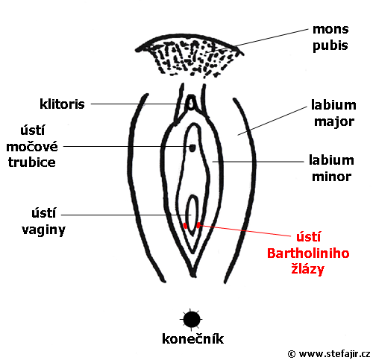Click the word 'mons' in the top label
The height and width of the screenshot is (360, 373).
click(330, 30)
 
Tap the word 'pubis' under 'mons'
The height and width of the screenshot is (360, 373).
click(330, 45)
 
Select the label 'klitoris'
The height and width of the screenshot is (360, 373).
click(62, 104)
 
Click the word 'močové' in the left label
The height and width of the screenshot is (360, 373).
click(32, 147)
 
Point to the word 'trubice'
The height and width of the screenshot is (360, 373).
click(32, 162)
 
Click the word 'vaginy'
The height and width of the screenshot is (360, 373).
click(44, 230)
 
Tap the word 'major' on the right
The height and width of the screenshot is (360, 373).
click(334, 121)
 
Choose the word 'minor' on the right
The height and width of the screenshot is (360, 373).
click(332, 177)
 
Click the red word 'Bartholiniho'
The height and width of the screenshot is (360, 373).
click(308, 253)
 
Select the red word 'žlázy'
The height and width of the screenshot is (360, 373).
click(308, 269)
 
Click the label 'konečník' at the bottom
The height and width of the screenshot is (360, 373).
click(192, 339)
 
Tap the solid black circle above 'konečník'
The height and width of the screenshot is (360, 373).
click(192, 320)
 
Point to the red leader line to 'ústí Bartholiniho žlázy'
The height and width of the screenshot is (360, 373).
click(245, 230)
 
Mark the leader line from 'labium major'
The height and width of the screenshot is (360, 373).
click(272, 121)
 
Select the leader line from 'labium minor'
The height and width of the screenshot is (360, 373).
click(258, 162)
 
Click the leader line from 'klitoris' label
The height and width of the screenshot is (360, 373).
click(140, 104)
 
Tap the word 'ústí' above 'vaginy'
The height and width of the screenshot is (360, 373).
click(44, 213)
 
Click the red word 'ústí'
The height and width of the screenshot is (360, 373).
click(308, 237)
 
